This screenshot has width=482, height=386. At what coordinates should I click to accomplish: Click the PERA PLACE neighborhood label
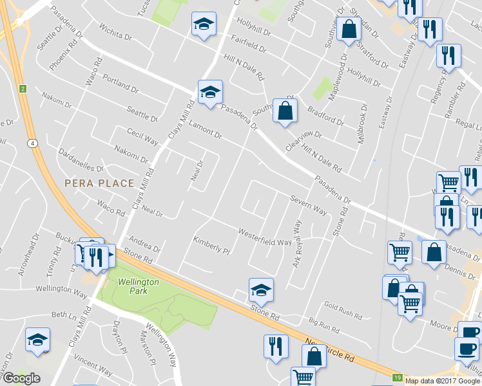99,183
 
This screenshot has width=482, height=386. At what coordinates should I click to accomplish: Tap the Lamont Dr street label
206,131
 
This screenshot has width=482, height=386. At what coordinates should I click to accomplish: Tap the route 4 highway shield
31,143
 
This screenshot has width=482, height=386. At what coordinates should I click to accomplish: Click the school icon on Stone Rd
261,290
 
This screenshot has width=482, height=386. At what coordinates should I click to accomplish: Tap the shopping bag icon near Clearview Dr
285,111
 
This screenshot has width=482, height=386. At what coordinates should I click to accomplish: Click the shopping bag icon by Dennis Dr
434,253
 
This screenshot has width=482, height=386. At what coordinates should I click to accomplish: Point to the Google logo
21,378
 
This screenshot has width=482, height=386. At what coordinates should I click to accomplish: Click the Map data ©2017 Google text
443,381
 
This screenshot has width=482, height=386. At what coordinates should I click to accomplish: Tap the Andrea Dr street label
144,246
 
